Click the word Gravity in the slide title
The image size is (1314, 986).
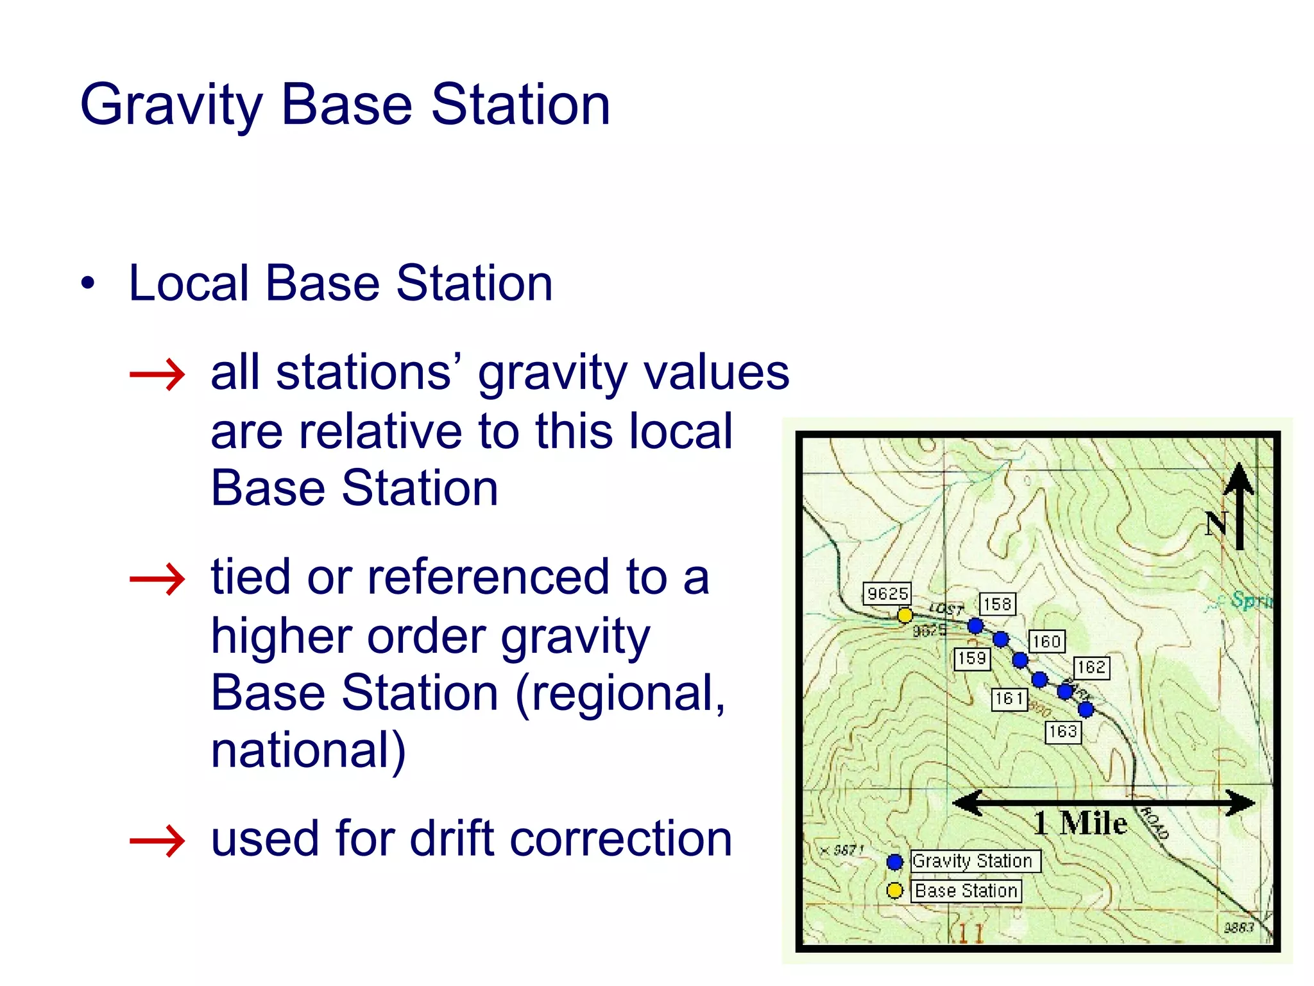pyautogui.click(x=171, y=106)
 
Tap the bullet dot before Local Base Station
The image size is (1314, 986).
pyautogui.click(x=88, y=283)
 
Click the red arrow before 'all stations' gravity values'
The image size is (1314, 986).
pyautogui.click(x=157, y=374)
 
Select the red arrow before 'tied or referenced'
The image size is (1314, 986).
pyautogui.click(x=157, y=579)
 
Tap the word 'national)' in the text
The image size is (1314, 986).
pyautogui.click(x=308, y=749)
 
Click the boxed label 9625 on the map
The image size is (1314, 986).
pyautogui.click(x=887, y=593)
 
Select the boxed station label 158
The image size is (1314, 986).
pyautogui.click(x=997, y=604)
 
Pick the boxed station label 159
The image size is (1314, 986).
pyautogui.click(x=972, y=659)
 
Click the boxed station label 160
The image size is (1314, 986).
pyautogui.click(x=1046, y=641)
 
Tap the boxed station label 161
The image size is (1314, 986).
pyautogui.click(x=1009, y=698)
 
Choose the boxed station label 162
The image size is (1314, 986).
pyautogui.click(x=1091, y=668)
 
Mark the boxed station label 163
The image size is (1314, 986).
pyautogui.click(x=1063, y=732)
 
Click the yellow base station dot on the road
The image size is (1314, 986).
pyautogui.click(x=905, y=616)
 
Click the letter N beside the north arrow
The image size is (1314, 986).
pyautogui.click(x=1216, y=524)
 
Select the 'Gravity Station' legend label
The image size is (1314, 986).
pyautogui.click(x=973, y=861)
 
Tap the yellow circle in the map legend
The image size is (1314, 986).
pyautogui.click(x=894, y=891)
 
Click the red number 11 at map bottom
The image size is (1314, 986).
pyautogui.click(x=971, y=933)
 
